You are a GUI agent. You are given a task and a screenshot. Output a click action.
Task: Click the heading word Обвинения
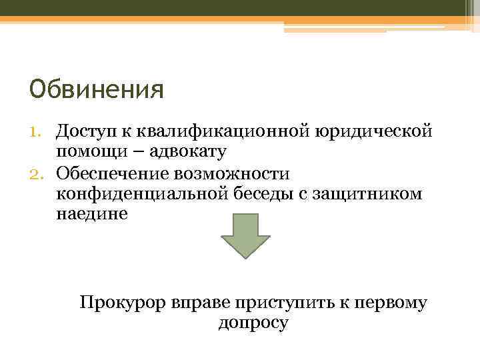pos(97,89)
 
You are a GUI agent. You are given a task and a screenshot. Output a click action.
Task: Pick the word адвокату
pos(189,152)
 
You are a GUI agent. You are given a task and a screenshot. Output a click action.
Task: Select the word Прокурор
pos(121,303)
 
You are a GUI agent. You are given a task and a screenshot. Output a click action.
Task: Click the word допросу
pos(253,323)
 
